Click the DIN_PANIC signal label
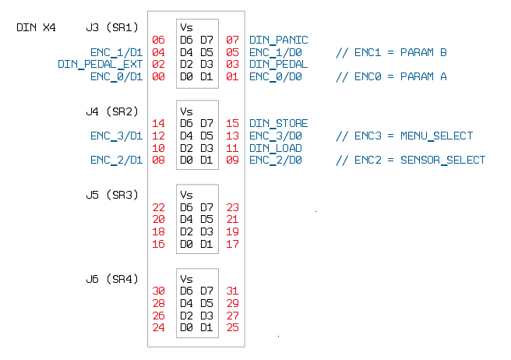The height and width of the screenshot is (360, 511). coord(278,40)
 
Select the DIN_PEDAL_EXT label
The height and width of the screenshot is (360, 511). coord(100,64)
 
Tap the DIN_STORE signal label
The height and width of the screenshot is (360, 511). coord(278,123)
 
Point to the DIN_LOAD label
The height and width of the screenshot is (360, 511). coord(275,148)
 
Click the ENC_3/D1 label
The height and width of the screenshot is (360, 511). coord(116,136)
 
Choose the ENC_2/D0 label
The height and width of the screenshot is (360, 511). coord(275,161)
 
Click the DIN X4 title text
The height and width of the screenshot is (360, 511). coord(36,27)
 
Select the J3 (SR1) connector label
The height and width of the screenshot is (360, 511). coord(112,27)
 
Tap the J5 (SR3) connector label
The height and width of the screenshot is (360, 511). coord(112,195)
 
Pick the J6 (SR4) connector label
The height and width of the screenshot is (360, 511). coord(112,278)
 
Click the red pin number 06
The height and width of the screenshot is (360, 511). coord(158,40)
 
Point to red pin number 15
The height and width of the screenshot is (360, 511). coord(232,123)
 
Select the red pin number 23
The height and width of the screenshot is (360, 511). coord(232,207)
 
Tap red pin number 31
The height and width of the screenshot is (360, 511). coord(232,291)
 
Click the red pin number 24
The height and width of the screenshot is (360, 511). coord(158,328)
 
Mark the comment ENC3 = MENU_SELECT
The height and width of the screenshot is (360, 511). coord(404,136)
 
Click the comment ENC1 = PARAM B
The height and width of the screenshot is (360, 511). coord(391,52)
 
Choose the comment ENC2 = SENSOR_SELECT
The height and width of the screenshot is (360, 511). coord(410,161)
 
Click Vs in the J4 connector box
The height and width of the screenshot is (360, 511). coord(186,111)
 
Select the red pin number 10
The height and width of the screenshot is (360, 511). coord(158,148)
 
